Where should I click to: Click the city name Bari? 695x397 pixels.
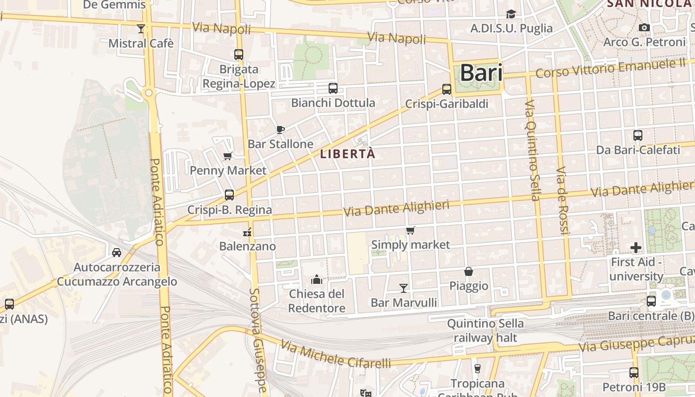click(x=481, y=73)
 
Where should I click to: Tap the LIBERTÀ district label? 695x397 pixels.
click(x=347, y=154)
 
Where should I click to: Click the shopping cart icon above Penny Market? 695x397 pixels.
click(x=228, y=156)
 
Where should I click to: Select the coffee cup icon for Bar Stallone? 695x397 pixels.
click(x=280, y=130)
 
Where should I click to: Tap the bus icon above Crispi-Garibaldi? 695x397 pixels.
click(x=447, y=89)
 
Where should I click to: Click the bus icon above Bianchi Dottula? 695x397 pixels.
click(x=333, y=88)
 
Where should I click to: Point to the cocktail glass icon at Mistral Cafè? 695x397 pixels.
click(x=141, y=28)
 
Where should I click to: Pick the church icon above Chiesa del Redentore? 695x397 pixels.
click(x=317, y=279)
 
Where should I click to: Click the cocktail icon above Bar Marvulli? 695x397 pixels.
click(x=404, y=288)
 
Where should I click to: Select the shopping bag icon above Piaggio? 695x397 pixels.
click(x=469, y=271)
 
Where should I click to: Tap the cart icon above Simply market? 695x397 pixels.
click(x=411, y=230)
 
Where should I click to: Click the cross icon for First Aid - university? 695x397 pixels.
click(x=636, y=247)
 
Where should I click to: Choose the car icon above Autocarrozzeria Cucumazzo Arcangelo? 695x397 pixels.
click(x=117, y=252)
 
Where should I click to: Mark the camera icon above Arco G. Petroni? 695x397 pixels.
click(x=644, y=27)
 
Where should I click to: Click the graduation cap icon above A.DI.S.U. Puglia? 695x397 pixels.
click(x=511, y=14)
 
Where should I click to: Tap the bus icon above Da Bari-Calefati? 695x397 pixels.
click(x=638, y=135)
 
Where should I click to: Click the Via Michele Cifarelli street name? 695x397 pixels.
click(x=336, y=354)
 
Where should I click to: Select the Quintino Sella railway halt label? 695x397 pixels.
click(x=485, y=331)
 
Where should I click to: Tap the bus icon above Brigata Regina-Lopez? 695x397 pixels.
click(x=239, y=55)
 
